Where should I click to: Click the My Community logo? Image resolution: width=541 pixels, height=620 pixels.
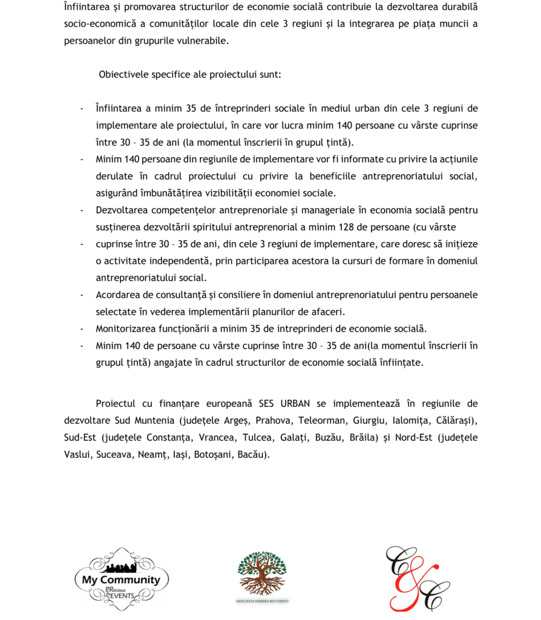(121, 579)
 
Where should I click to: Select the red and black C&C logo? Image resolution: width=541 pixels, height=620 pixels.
(418, 578)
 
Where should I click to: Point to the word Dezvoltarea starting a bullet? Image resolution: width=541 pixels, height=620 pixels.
(123, 210)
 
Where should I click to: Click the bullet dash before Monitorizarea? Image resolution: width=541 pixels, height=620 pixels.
(82, 329)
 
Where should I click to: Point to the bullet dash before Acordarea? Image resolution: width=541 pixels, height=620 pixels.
(82, 295)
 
